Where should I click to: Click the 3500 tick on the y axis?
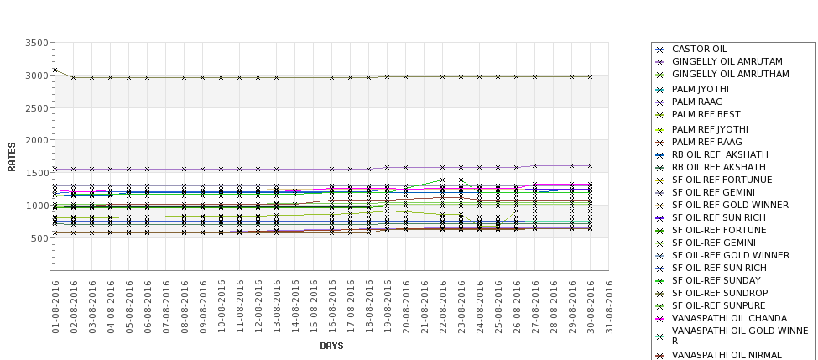click(35, 43)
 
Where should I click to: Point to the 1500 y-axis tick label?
click(35, 173)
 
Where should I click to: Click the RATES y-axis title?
click(12, 156)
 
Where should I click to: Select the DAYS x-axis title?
click(331, 345)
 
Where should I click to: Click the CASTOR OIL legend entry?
click(700, 50)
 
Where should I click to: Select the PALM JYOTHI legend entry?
click(701, 89)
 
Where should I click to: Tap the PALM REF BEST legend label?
click(706, 114)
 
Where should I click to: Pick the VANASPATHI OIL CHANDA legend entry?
click(730, 318)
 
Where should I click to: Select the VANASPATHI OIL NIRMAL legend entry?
click(727, 355)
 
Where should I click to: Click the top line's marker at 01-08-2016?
click(55, 70)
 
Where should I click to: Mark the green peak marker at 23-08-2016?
click(461, 180)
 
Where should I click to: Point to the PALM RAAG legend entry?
click(697, 102)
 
